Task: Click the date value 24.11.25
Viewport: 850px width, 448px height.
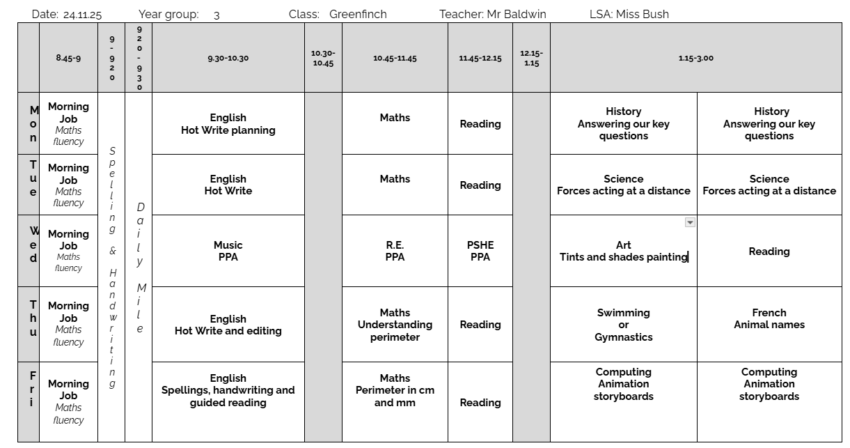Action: tap(82, 15)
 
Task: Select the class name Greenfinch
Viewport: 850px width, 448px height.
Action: tap(358, 14)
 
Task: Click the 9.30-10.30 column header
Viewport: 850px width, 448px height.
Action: tap(228, 59)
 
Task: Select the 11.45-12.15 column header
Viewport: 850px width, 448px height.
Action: tap(480, 59)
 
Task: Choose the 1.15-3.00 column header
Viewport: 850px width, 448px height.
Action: tap(695, 59)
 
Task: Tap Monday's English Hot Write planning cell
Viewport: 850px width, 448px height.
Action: tap(228, 124)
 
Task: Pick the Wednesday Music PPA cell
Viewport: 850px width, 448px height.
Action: tap(228, 251)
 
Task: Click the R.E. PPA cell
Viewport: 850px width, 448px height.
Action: tap(395, 251)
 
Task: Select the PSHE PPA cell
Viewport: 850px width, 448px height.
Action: tap(480, 251)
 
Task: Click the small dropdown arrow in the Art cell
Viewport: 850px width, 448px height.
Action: tap(690, 222)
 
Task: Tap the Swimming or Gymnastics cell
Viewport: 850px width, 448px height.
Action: tap(623, 325)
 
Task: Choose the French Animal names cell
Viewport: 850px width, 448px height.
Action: tap(769, 318)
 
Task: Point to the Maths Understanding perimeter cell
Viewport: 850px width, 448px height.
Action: tap(395, 325)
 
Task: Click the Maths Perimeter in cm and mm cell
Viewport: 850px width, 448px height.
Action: tap(395, 390)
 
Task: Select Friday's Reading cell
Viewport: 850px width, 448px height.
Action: tap(480, 402)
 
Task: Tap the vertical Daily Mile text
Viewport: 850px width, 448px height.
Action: tap(140, 268)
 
